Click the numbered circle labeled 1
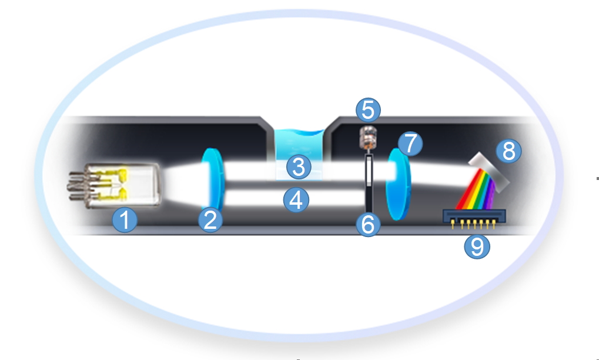point(125,220)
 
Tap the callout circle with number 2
point(210,220)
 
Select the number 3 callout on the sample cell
point(299,166)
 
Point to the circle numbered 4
point(296,200)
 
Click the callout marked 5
point(368,110)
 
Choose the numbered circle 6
point(368,224)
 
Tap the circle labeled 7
point(410,144)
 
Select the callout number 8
point(508,151)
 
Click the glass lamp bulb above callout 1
point(122,186)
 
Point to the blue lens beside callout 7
point(398,184)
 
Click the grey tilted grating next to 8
point(489,171)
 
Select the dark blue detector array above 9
point(474,216)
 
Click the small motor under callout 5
point(368,138)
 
